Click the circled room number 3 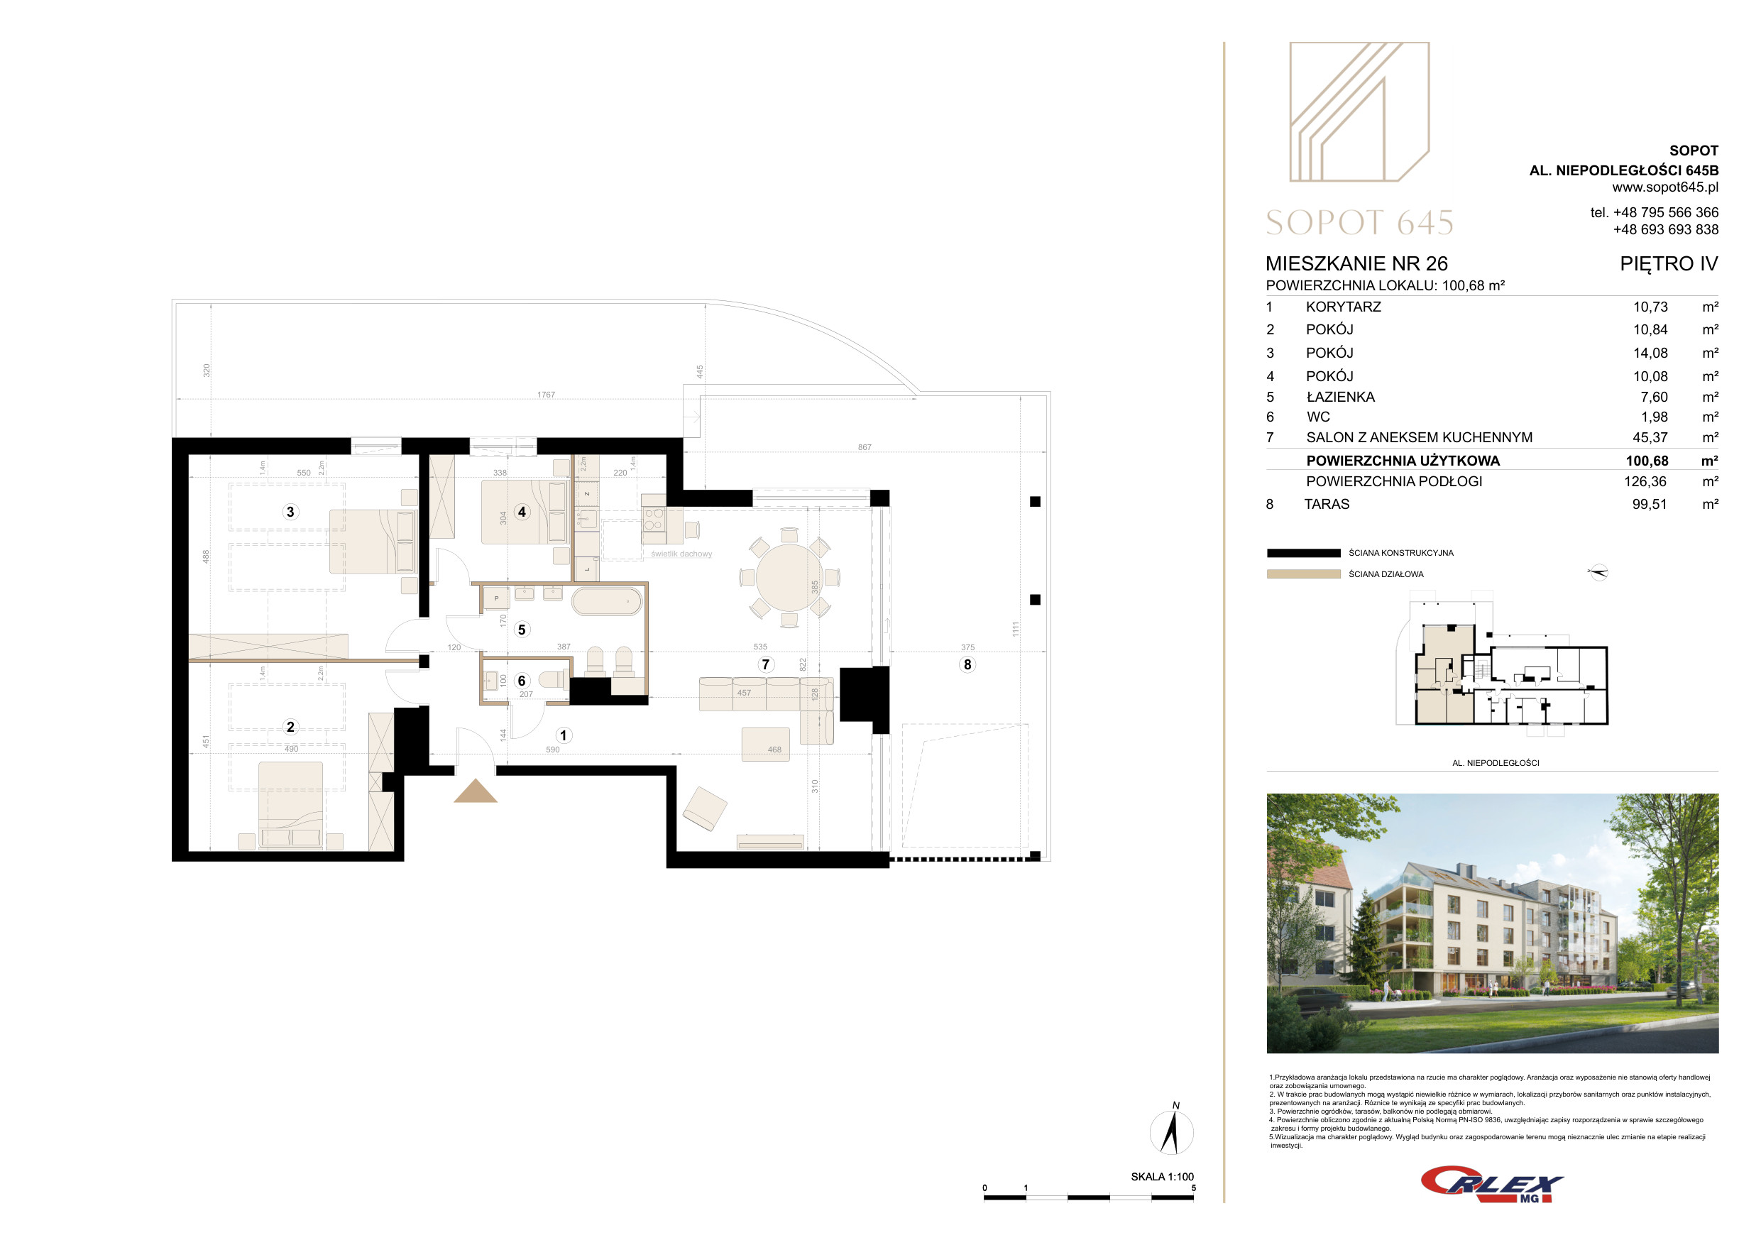tap(290, 512)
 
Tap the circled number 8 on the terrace tap(967, 664)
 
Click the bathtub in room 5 tap(607, 601)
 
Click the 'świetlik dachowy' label tap(681, 554)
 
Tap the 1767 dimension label tap(546, 394)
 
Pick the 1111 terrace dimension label tap(1016, 629)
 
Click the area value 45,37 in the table tap(1650, 437)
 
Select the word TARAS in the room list tap(1327, 504)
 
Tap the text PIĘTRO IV tap(1669, 264)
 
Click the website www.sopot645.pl tap(1665, 187)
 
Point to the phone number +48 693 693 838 tap(1666, 229)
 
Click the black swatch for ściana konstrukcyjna tap(1303, 552)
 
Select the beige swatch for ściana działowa tap(1303, 574)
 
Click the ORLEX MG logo tap(1491, 1185)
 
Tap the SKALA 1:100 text tap(1162, 1177)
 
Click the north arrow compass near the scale tap(1171, 1130)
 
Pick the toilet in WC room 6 tap(552, 680)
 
